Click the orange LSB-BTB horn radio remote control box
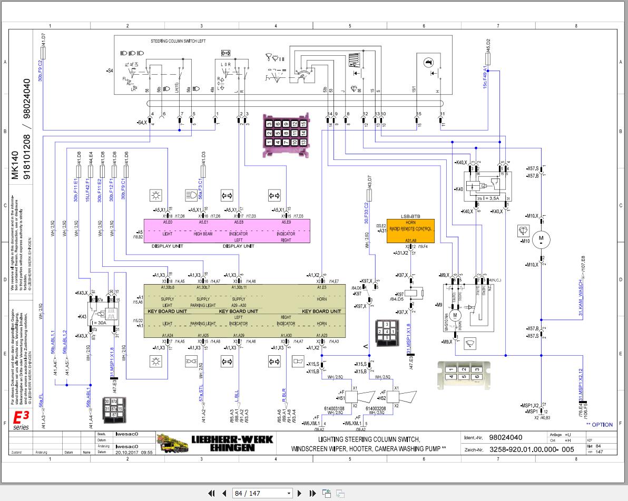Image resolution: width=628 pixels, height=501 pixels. (411, 231)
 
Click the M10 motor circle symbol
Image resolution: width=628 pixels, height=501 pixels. (540, 239)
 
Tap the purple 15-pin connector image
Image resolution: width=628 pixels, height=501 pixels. (286, 134)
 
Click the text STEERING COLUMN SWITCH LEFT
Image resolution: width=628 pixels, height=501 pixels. (178, 41)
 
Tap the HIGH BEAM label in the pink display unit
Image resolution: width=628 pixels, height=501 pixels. (203, 234)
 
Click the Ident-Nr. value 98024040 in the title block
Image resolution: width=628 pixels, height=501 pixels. (505, 437)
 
